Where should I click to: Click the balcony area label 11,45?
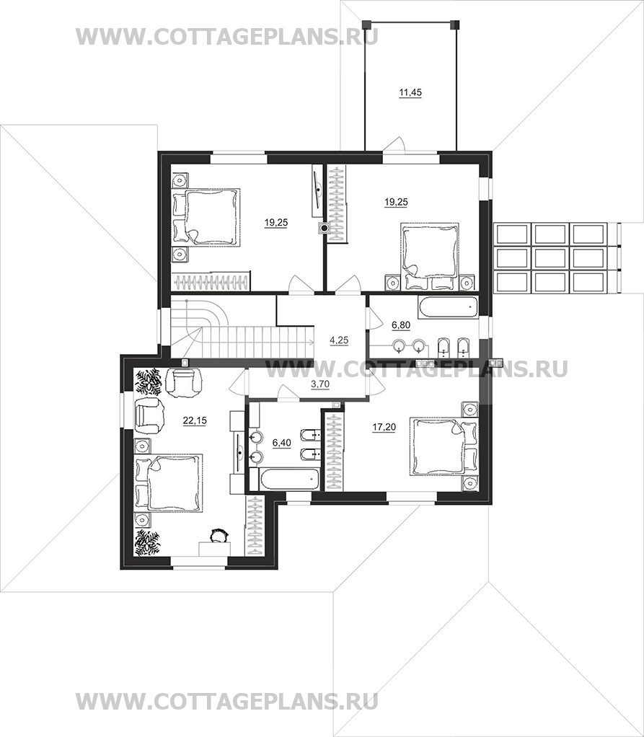[x=410, y=92]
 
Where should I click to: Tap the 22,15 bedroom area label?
[x=195, y=420]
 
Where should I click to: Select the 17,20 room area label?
[x=384, y=427]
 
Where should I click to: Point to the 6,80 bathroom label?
[x=401, y=325]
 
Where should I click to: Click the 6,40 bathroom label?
[x=281, y=442]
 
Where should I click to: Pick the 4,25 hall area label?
[x=339, y=340]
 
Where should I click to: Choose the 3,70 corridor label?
[x=320, y=384]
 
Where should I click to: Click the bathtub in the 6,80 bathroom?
[x=448, y=306]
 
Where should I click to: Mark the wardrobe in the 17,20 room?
[x=335, y=450]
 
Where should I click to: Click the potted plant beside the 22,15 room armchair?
[x=149, y=381]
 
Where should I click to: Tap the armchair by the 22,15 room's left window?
[x=149, y=415]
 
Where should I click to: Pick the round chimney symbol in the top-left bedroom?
[x=324, y=229]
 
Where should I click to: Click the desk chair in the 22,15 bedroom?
[x=218, y=536]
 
